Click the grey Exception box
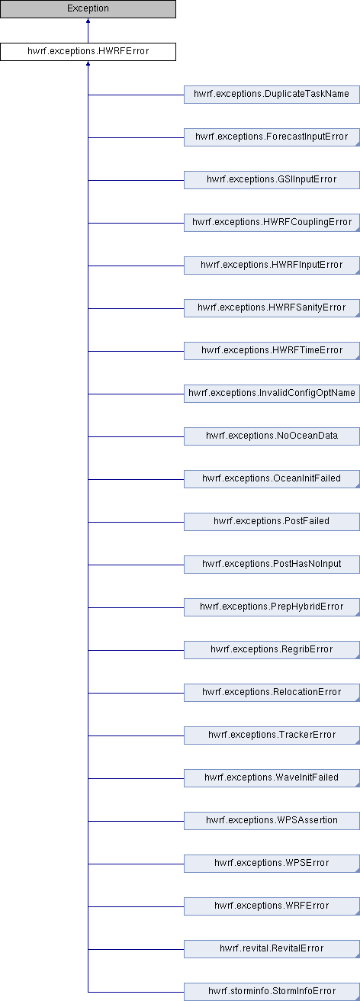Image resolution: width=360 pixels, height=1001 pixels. (x=88, y=9)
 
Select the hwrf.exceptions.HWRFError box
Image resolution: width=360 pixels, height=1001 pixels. (x=88, y=51)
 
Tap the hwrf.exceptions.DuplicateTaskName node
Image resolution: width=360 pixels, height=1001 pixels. (x=272, y=95)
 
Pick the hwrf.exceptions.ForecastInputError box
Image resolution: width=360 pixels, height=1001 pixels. (x=272, y=137)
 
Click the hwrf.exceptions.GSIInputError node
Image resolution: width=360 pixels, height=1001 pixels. (x=272, y=179)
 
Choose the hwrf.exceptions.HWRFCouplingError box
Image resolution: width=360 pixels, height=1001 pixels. (x=272, y=223)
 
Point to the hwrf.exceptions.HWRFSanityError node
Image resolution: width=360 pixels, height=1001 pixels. (x=272, y=308)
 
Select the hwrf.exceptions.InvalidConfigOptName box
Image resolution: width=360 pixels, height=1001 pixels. (x=272, y=393)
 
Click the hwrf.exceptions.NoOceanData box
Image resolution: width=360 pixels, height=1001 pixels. (x=272, y=436)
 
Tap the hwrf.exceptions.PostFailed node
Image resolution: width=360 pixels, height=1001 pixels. (x=272, y=522)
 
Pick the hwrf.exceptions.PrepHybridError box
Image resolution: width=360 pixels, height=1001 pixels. (x=272, y=607)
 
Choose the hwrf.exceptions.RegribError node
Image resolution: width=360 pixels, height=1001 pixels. (x=272, y=650)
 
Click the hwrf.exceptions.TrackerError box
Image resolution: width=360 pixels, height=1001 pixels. (x=272, y=735)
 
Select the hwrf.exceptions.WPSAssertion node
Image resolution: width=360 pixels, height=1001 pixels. (x=272, y=820)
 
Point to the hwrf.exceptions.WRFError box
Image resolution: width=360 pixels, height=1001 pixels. (x=272, y=906)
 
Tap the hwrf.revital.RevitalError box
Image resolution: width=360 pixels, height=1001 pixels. (x=272, y=948)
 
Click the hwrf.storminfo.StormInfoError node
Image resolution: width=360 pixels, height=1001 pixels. (x=272, y=991)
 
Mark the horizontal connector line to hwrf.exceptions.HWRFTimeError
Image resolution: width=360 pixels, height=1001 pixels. (x=136, y=351)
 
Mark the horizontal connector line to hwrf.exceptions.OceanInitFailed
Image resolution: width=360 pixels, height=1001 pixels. (x=136, y=479)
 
